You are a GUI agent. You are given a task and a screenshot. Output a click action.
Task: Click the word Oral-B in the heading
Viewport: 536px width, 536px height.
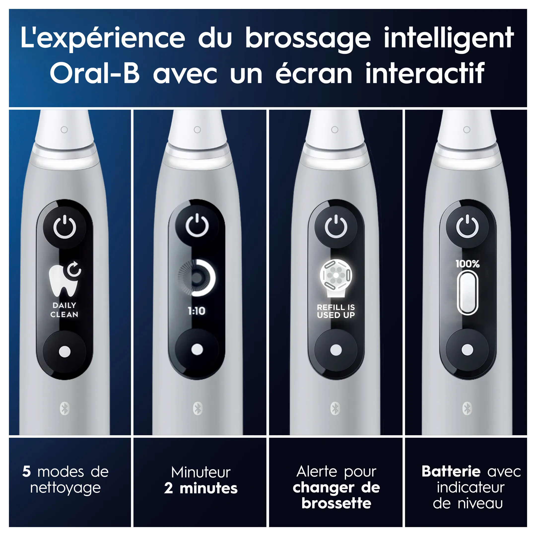click(x=95, y=73)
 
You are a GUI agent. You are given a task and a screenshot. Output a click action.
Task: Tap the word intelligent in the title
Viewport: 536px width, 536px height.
click(x=449, y=39)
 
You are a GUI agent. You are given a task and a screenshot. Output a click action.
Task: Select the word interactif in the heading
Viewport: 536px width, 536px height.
click(x=425, y=73)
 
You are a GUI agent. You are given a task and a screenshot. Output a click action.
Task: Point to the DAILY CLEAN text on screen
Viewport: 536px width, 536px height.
click(x=64, y=310)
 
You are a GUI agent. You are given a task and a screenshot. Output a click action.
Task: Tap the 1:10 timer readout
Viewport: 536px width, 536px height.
click(x=197, y=311)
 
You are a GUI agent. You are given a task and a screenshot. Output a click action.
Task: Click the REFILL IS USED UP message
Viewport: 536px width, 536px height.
click(x=336, y=311)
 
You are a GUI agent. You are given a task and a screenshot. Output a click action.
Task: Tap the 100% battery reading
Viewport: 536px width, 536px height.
click(x=468, y=264)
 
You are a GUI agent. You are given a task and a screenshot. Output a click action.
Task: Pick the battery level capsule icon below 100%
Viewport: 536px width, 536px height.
click(x=468, y=293)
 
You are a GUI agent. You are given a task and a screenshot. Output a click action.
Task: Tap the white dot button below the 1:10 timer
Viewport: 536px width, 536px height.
click(x=197, y=349)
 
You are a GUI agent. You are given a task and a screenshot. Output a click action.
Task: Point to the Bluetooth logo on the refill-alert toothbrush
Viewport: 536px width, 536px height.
click(x=335, y=408)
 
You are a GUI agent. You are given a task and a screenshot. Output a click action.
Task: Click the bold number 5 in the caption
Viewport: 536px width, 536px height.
click(x=26, y=472)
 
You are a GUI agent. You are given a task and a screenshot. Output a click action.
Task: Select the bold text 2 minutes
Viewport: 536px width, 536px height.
click(x=201, y=488)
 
